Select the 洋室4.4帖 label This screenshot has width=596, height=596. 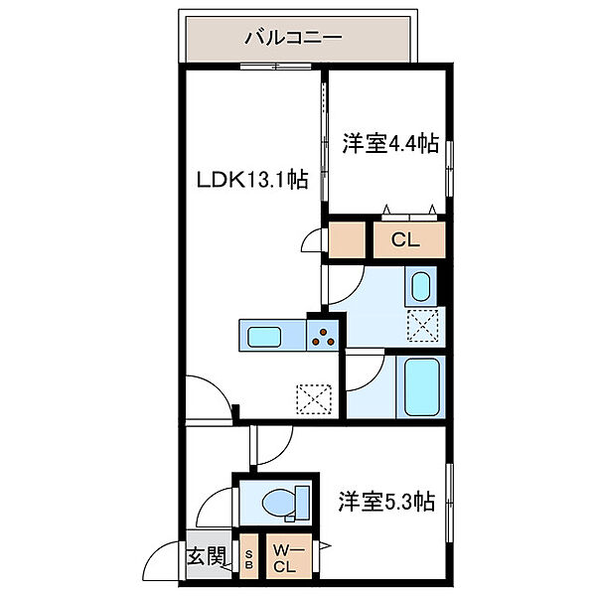click(391, 143)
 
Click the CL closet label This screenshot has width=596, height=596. click(405, 239)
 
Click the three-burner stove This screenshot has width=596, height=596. click(323, 336)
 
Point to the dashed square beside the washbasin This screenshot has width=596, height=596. click(424, 325)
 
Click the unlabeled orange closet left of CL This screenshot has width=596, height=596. click(348, 239)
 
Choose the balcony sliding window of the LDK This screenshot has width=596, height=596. click(274, 68)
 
